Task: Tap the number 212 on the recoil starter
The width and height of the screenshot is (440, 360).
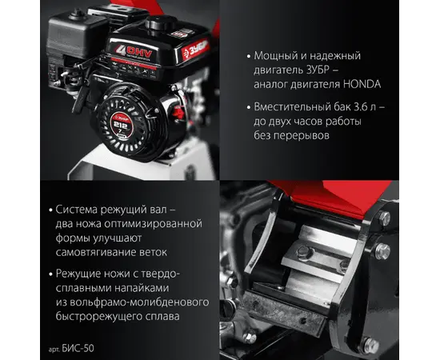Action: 122,125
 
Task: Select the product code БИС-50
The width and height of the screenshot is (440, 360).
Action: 78,348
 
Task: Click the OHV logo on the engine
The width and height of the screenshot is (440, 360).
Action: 134,52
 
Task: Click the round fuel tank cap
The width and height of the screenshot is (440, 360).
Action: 161,22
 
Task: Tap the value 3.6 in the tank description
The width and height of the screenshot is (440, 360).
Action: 361,107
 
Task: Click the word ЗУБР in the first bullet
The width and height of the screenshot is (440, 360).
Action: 314,70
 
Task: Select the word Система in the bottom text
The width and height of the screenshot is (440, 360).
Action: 76,210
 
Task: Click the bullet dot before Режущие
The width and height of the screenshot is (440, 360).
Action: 50,274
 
